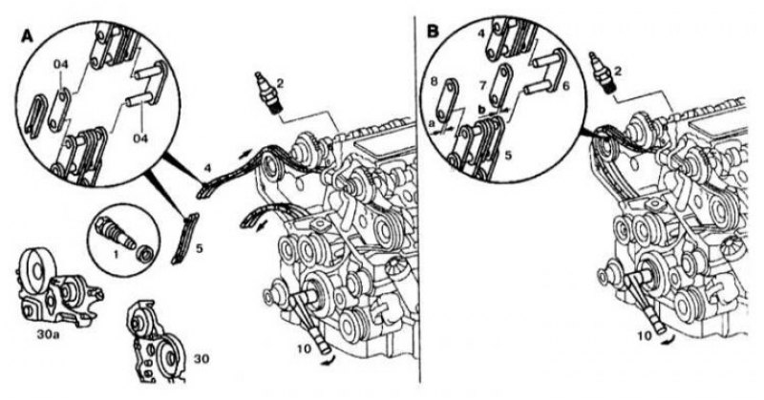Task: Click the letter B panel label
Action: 433,32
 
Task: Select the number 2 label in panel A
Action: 280,84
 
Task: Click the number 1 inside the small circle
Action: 116,254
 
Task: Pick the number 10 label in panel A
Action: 304,349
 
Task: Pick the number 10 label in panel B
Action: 644,336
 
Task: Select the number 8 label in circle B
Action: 435,80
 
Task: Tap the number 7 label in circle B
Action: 483,86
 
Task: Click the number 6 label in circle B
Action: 565,85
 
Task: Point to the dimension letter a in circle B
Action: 433,124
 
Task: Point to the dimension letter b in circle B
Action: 481,110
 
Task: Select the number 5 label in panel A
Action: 199,248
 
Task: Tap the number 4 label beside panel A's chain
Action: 207,169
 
